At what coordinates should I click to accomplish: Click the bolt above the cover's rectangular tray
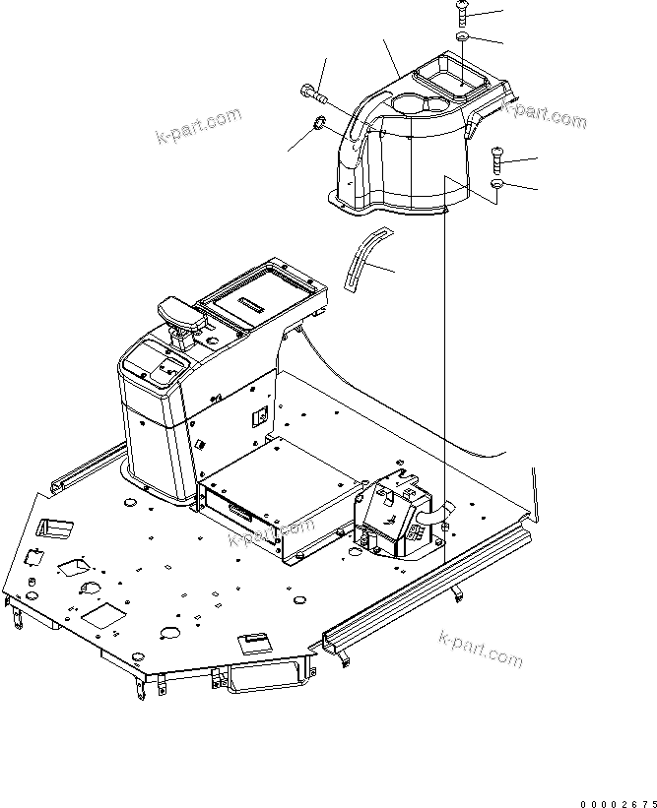point(463,13)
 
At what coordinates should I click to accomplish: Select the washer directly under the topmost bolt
point(463,36)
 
